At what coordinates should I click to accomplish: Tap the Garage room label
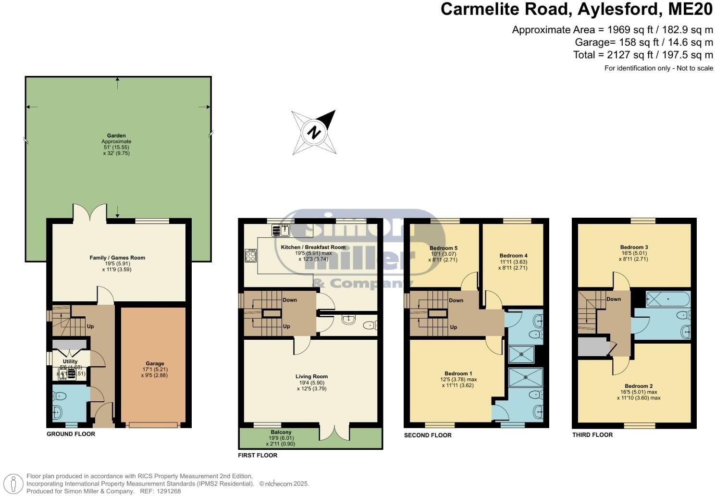[155, 364]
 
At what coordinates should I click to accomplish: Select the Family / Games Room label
[117, 258]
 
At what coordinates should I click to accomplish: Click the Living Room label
[311, 377]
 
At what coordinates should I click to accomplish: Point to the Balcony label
[281, 433]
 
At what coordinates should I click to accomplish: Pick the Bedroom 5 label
[443, 248]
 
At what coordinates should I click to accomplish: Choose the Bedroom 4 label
[513, 256]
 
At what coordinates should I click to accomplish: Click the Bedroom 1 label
[458, 373]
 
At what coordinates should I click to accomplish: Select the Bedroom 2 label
[638, 386]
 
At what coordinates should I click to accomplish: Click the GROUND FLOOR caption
[71, 434]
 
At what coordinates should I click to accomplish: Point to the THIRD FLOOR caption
[592, 435]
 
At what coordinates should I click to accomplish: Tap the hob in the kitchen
[250, 255]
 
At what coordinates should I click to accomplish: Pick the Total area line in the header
[642, 55]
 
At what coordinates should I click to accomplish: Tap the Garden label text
[116, 136]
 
